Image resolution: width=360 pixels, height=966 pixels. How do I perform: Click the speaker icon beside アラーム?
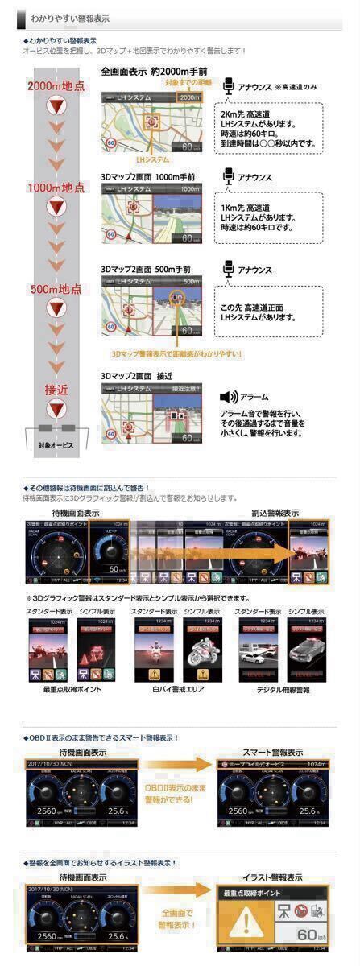229,397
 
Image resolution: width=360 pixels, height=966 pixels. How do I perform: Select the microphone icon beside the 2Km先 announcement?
228,86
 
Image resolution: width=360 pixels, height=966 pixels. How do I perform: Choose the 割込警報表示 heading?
275,512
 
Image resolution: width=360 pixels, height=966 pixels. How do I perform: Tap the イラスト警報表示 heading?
274,877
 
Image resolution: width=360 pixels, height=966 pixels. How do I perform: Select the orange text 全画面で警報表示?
176,919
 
